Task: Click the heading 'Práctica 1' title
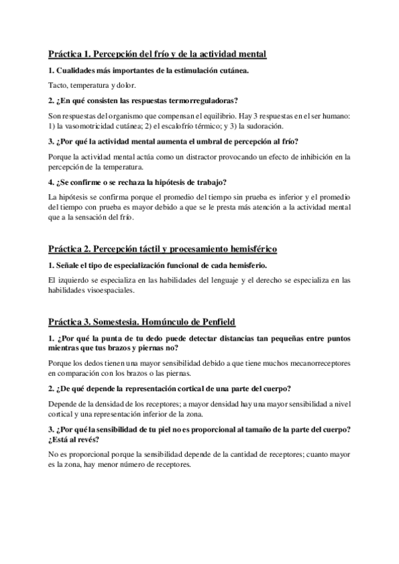tap(157, 53)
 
